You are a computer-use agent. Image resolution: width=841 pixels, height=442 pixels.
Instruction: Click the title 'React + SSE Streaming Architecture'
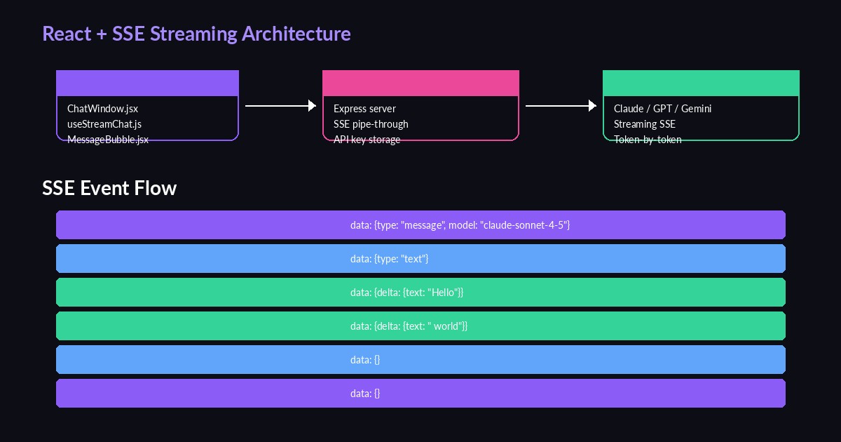coord(196,34)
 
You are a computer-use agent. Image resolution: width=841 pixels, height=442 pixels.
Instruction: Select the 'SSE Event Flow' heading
coord(109,188)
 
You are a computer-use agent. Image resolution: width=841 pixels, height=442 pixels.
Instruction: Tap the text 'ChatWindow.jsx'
coord(102,109)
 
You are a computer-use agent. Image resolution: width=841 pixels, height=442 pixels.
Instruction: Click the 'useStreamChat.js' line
coord(104,124)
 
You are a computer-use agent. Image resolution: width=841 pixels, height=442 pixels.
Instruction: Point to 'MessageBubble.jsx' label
coord(108,139)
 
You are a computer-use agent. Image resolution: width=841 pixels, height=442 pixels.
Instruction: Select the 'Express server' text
coord(364,109)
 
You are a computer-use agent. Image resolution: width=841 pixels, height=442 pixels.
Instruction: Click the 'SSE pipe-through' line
coord(371,124)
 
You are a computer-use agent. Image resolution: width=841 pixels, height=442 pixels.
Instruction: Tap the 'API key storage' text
coord(367,139)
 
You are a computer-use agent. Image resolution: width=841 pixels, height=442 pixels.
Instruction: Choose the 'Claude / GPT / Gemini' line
coord(662,109)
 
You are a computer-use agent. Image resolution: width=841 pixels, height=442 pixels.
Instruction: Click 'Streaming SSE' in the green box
coord(644,124)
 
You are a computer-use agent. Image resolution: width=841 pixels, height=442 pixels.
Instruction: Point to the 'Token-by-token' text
coord(648,139)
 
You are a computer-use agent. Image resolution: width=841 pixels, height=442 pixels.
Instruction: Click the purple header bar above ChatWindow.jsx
coord(147,83)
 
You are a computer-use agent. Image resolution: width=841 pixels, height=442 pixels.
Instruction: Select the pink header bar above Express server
coord(420,83)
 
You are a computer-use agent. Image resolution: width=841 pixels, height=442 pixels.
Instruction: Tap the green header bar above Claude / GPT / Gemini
coord(701,83)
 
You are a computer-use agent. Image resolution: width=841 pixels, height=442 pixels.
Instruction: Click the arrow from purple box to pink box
coord(280,105)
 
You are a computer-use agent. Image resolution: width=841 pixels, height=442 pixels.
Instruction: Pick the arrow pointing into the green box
coord(561,105)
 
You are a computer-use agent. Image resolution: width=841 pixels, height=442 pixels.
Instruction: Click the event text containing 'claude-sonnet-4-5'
coord(460,225)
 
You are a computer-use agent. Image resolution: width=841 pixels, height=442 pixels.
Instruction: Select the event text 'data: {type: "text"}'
coord(389,259)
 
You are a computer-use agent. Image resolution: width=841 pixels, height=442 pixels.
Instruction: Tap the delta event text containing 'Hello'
coord(406,293)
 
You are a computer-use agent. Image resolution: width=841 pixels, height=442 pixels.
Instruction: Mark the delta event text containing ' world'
coord(409,326)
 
